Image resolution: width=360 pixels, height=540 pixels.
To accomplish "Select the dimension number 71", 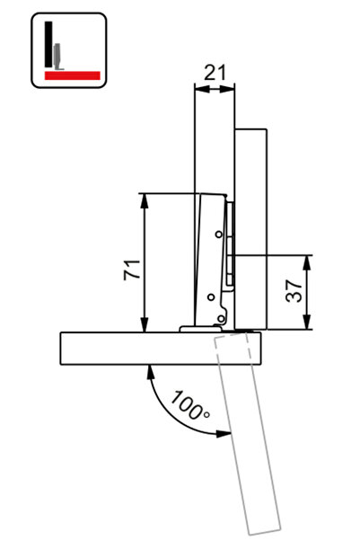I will [131, 269].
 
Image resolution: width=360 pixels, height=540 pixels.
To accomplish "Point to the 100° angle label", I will [191, 405].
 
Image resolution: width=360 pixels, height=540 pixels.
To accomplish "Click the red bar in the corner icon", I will [67, 75].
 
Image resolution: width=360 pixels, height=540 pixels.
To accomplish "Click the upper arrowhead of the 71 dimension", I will [144, 199].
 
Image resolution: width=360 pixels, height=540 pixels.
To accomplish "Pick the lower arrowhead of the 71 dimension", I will [144, 325].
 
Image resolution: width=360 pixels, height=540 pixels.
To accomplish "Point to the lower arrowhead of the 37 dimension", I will [308, 325].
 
